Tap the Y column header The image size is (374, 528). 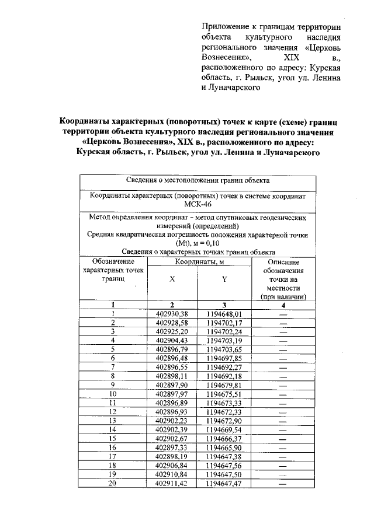pyautogui.click(x=224, y=279)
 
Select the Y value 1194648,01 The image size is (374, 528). pyautogui.click(x=224, y=313)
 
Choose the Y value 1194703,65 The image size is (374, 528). pyautogui.click(x=224, y=349)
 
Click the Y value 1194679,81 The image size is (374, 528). pyautogui.click(x=224, y=384)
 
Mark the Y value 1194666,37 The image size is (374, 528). pyautogui.click(x=224, y=438)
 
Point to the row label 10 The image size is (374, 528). pyautogui.click(x=112, y=393)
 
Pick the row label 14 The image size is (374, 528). pyautogui.click(x=112, y=429)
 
